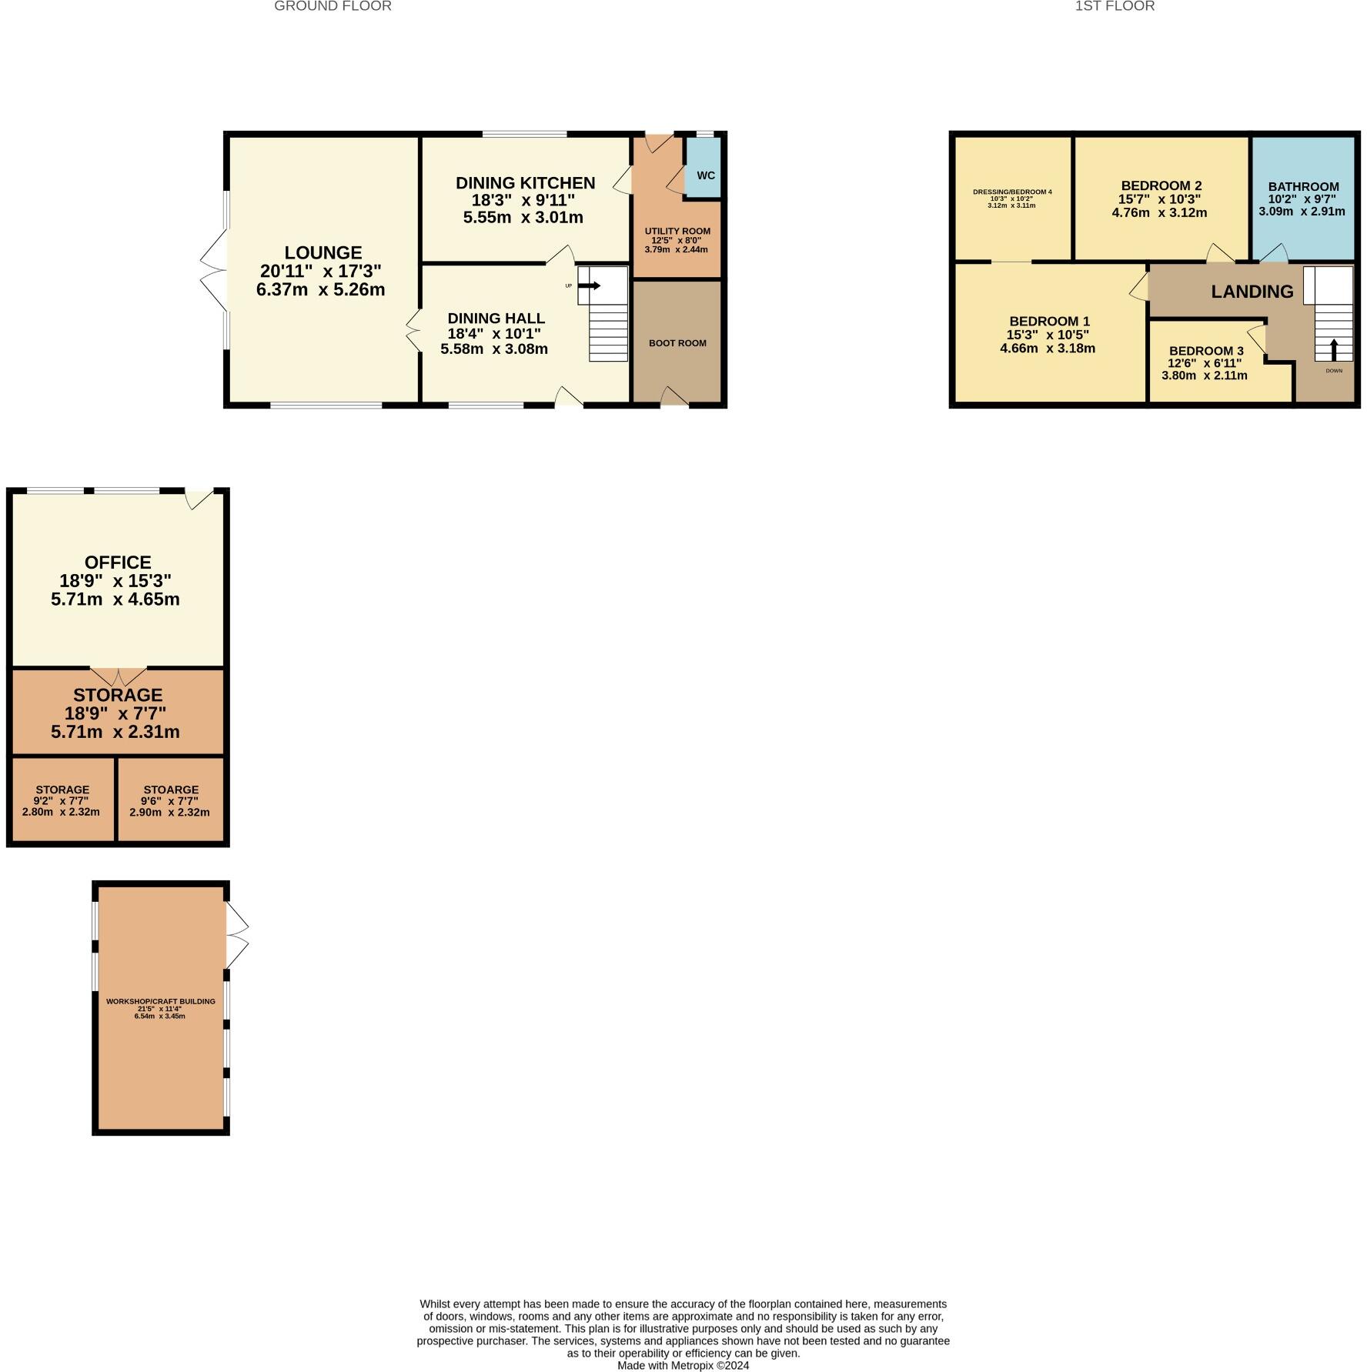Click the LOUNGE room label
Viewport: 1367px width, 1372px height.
tap(323, 253)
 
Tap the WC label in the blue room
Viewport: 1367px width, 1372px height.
tap(706, 175)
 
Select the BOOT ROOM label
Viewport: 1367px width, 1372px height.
tap(677, 343)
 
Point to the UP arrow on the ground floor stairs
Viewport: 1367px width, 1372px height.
tap(590, 285)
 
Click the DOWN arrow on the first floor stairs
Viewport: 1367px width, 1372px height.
tap(1334, 350)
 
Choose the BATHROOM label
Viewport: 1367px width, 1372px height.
tap(1303, 187)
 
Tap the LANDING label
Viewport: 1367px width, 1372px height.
tap(1252, 292)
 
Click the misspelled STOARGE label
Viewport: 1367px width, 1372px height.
tap(171, 789)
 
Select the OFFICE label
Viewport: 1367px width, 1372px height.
tap(118, 562)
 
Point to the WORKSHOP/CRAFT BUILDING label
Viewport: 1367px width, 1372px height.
tap(160, 1001)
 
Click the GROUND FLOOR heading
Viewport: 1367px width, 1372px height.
tap(333, 6)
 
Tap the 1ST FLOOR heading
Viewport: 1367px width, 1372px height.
tap(1115, 6)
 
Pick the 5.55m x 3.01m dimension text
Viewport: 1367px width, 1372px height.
tap(523, 218)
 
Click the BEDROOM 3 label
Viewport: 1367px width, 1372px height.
tap(1206, 351)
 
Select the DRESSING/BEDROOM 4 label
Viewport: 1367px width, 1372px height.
tap(1011, 192)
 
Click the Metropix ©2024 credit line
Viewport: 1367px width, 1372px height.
tap(683, 1365)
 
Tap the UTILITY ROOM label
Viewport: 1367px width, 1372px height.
tap(677, 231)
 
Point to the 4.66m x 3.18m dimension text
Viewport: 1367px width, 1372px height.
tap(1048, 348)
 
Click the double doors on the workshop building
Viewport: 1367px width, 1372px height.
tap(237, 934)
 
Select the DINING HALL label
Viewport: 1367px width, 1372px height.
tap(496, 319)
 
